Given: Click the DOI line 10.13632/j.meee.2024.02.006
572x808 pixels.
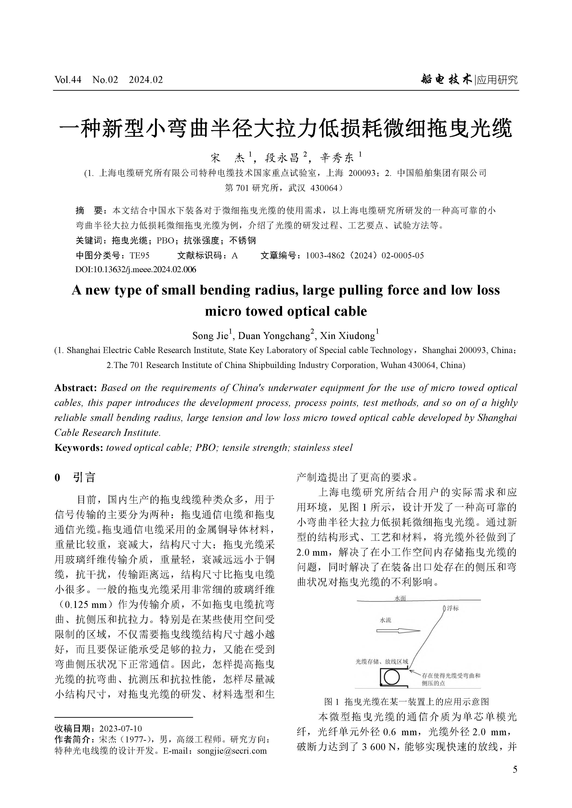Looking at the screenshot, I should click(x=136, y=270).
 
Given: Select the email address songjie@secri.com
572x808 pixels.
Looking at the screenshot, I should click(x=232, y=751).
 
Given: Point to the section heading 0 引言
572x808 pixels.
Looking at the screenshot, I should click(x=75, y=477).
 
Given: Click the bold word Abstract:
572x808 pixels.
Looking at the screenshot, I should click(x=75, y=388).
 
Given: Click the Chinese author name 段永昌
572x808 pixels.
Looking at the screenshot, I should click(x=282, y=158).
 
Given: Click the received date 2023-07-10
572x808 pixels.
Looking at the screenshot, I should click(x=121, y=729).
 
